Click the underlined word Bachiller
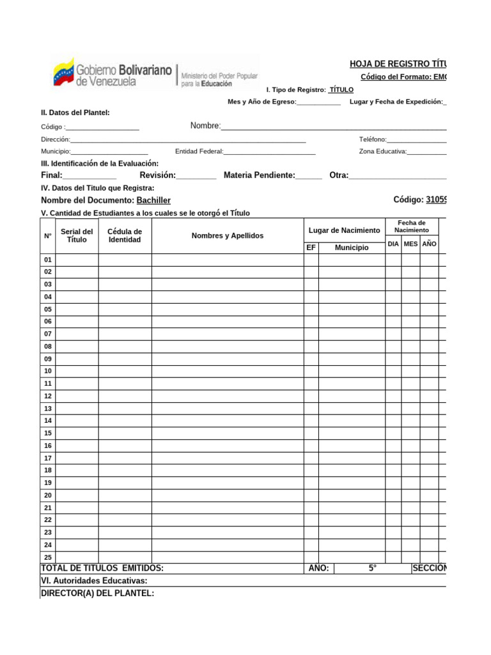(153, 200)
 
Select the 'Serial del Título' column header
(77, 235)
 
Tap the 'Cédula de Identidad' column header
(125, 235)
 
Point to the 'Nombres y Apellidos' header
(227, 235)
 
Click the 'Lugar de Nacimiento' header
(344, 230)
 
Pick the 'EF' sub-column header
(311, 247)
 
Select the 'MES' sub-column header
(410, 244)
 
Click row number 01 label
(47, 260)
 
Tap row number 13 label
(47, 408)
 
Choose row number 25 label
(47, 557)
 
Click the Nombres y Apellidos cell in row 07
(227, 334)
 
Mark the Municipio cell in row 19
(352, 483)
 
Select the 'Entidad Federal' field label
(199, 152)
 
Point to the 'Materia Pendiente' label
(259, 175)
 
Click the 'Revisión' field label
(157, 175)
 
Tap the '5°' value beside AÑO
(372, 568)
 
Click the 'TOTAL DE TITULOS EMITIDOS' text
(102, 568)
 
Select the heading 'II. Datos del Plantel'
(75, 113)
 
